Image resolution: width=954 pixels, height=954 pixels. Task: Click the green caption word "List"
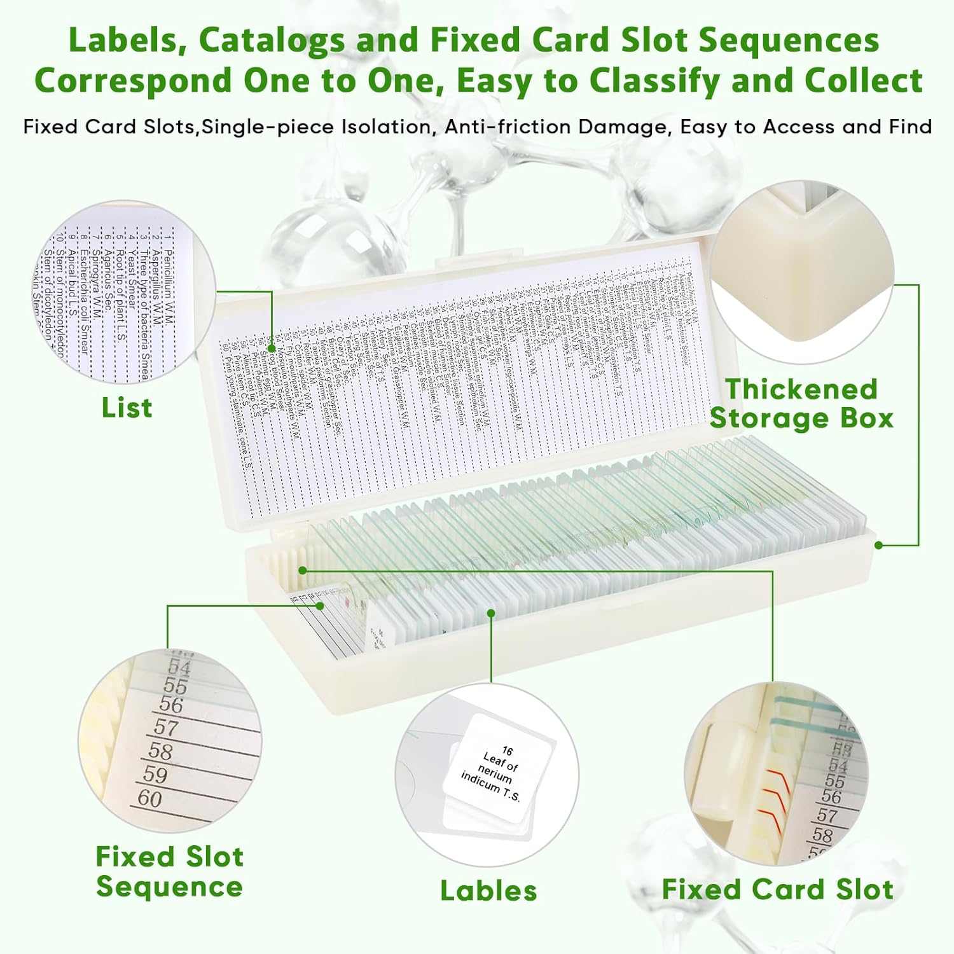[127, 408]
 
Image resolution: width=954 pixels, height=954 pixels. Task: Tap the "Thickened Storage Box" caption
[801, 404]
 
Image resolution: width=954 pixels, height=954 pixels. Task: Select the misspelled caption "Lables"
[488, 890]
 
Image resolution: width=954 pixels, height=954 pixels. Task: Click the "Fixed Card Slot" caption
[777, 889]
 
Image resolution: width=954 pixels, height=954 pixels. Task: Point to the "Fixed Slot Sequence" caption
[169, 871]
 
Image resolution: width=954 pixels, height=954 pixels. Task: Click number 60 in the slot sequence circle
[150, 798]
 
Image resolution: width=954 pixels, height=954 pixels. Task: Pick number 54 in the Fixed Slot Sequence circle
[179, 668]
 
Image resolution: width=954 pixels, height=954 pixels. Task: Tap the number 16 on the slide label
[507, 750]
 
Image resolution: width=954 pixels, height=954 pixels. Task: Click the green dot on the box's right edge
[878, 545]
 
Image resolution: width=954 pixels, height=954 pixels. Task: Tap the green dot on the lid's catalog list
[272, 348]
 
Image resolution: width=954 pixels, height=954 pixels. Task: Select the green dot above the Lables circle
[491, 613]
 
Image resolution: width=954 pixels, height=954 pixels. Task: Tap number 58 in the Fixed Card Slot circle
[822, 834]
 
